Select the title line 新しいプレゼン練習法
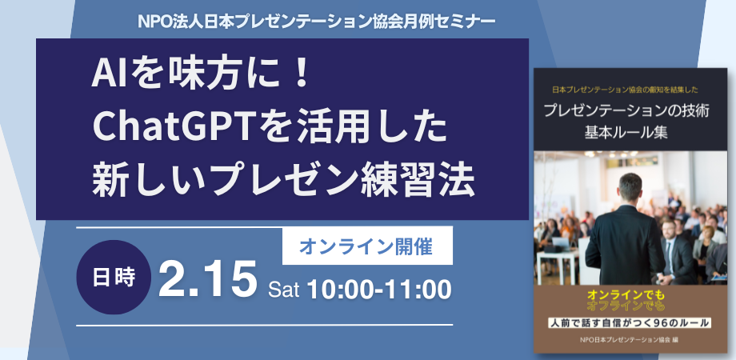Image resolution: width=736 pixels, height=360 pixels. click(284, 178)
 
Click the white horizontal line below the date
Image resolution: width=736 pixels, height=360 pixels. click(264, 324)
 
